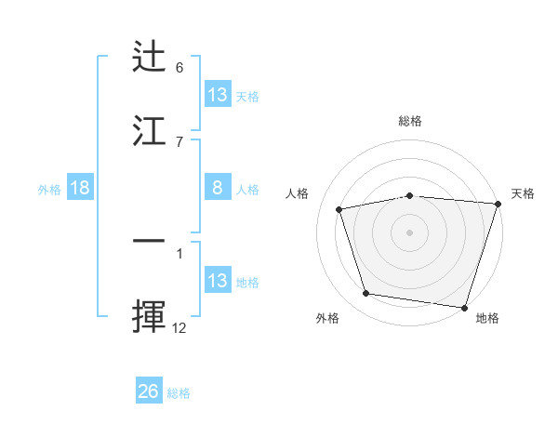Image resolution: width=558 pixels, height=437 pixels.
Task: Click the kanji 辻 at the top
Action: tap(150, 57)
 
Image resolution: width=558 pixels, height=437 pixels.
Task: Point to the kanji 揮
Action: tap(150, 315)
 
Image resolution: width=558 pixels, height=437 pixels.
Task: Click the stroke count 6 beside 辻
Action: tap(179, 68)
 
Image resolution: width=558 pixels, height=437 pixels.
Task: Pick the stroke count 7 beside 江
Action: tap(179, 141)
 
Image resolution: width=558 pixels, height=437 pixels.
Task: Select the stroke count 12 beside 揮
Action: tap(179, 327)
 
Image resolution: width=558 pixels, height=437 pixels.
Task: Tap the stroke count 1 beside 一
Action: tap(179, 253)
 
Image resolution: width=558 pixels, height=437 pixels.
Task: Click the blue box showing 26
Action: tap(149, 391)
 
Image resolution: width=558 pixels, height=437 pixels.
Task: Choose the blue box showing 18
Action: tap(80, 188)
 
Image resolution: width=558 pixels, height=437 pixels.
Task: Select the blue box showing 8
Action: tap(217, 188)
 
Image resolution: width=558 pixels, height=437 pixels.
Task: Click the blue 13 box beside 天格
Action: tap(217, 95)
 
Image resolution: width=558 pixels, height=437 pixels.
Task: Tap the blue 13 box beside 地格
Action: tap(217, 281)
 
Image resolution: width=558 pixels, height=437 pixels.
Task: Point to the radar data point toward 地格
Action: tap(465, 308)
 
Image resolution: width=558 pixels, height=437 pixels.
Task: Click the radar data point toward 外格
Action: tap(366, 294)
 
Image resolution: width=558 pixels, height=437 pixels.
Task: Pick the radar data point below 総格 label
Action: tap(410, 195)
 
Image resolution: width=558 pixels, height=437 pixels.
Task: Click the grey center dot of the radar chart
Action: tap(410, 232)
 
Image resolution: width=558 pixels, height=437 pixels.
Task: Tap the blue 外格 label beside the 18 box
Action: tap(49, 189)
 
